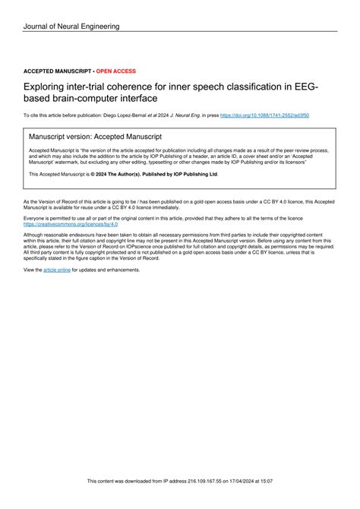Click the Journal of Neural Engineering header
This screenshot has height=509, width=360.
pos(71,27)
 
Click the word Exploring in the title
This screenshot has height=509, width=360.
pos(47,87)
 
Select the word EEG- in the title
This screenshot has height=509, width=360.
pos(304,87)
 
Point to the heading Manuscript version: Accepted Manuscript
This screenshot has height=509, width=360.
pos(95,137)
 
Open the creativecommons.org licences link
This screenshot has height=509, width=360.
pos(71,225)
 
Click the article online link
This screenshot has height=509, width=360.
pos(57,270)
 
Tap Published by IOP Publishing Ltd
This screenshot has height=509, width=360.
pos(182,174)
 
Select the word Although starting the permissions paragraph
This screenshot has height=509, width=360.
pos(36,235)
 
